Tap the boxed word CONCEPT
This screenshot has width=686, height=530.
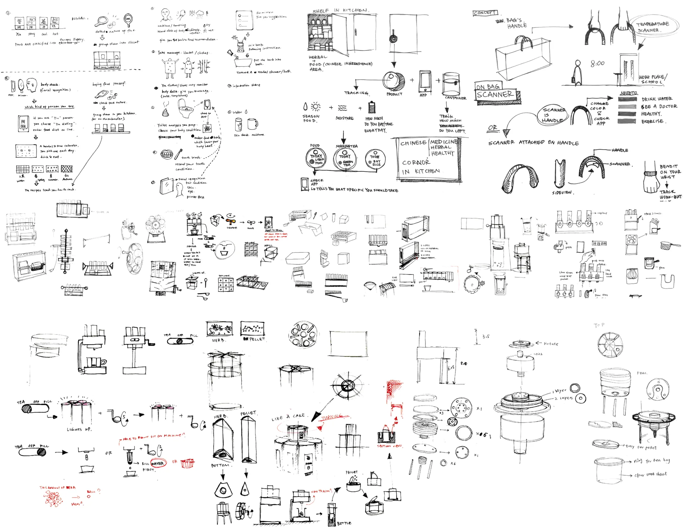(485, 13)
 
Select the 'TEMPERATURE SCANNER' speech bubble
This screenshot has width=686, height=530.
(653, 27)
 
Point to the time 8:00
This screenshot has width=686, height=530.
(597, 64)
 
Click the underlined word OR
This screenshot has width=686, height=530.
(492, 128)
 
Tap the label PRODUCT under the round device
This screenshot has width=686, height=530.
(394, 94)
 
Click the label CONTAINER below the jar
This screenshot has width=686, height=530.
(455, 98)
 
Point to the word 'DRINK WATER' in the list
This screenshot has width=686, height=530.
(656, 99)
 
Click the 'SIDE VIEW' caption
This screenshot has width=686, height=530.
(562, 193)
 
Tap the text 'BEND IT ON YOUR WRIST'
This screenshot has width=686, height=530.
(670, 172)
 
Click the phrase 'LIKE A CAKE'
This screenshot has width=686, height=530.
(288, 417)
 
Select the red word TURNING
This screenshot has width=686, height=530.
(332, 417)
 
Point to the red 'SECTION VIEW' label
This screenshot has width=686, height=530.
(389, 446)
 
